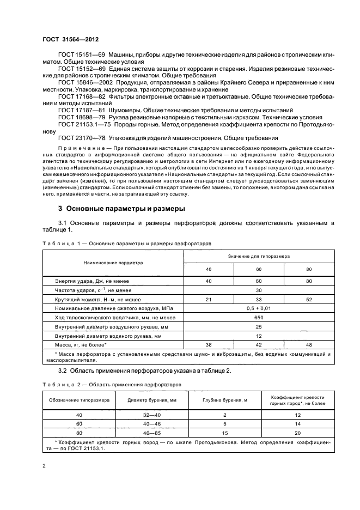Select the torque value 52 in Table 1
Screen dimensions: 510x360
tap(308, 300)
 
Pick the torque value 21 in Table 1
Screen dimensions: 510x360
tap(209, 300)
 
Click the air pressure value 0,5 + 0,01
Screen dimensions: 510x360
tap(259, 308)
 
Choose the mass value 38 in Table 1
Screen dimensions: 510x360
tap(209, 344)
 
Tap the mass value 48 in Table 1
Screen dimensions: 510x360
tap(308, 344)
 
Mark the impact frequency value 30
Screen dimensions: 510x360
tap(259, 290)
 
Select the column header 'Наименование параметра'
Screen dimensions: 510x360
tap(113, 262)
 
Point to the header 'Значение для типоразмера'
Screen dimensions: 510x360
tap(259, 255)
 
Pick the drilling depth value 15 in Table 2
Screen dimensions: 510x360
tap(225, 433)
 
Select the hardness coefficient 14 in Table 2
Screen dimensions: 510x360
tap(296, 423)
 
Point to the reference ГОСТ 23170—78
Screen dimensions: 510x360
tap(77, 138)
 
